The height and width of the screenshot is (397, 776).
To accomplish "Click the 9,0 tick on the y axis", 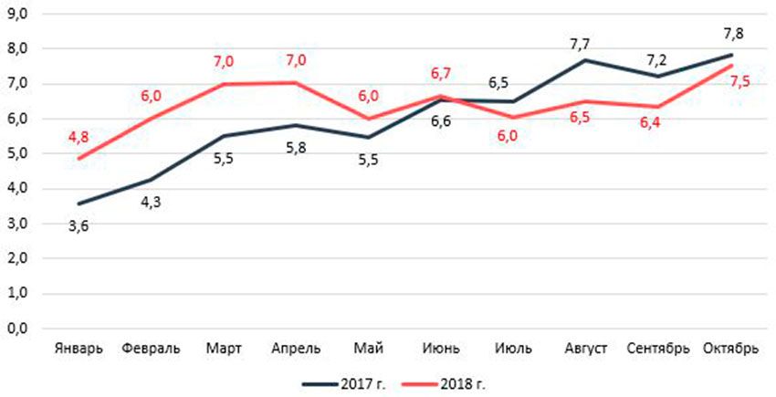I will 19,13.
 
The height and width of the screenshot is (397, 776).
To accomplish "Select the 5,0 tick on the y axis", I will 19,153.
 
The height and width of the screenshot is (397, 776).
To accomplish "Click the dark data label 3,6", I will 79,225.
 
